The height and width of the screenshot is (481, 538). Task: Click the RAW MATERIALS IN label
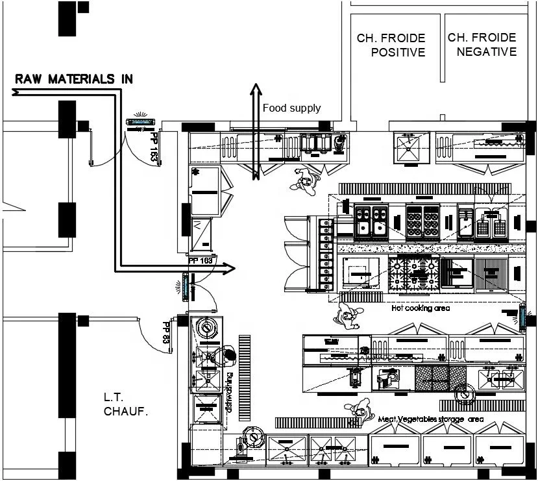(x=74, y=79)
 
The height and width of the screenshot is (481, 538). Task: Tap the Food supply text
(x=291, y=108)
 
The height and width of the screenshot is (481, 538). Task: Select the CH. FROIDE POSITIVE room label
(x=391, y=45)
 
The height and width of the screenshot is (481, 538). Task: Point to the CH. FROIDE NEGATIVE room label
(x=482, y=45)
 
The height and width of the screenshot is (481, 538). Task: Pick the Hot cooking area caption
(x=421, y=308)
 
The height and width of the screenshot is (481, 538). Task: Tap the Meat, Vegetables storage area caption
(x=431, y=419)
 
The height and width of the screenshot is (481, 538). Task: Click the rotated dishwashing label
(x=229, y=392)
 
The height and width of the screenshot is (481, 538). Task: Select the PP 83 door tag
(x=166, y=332)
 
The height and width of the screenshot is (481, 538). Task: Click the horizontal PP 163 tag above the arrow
(x=201, y=260)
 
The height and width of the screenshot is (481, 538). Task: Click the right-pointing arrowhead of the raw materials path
(x=228, y=267)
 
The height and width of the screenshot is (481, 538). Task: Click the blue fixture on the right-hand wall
(x=522, y=316)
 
